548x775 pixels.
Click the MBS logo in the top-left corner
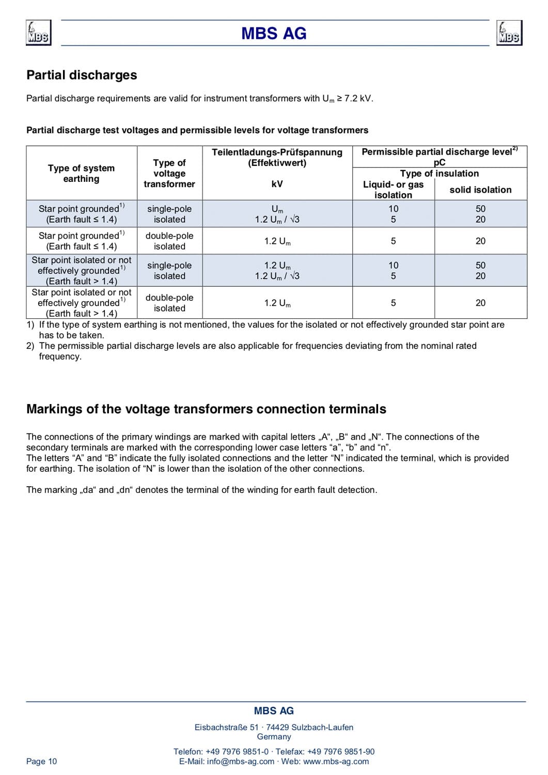point(39,33)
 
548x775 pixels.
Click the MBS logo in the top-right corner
point(509,33)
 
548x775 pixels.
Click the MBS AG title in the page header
point(274,34)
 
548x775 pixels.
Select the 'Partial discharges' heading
point(82,75)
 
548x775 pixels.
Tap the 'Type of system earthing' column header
point(81,174)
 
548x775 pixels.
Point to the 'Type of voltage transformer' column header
point(169,174)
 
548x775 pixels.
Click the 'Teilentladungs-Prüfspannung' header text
point(277,152)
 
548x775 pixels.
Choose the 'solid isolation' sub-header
point(480,190)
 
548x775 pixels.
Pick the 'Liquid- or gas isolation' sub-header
point(393,190)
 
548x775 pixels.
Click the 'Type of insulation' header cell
point(439,174)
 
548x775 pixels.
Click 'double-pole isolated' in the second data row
point(169,241)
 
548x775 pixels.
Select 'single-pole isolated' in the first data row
point(169,214)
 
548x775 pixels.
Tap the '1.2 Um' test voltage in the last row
point(277,303)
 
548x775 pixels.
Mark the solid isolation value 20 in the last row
point(480,303)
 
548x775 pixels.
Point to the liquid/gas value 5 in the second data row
point(393,241)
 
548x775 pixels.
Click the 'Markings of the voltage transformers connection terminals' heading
point(206,409)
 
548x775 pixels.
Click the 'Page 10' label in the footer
point(42,761)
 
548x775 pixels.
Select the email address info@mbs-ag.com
point(241,761)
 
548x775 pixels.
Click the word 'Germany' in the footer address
point(274,737)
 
